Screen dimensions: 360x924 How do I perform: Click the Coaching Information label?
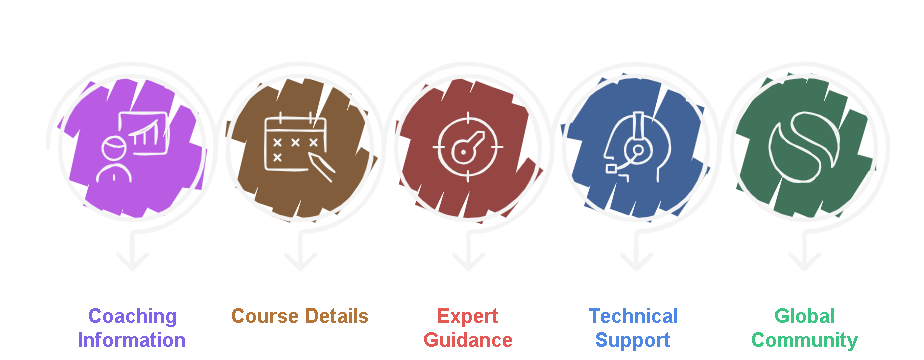(x=132, y=328)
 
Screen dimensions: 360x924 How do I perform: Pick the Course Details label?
(x=300, y=317)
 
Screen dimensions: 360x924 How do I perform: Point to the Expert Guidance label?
(x=468, y=328)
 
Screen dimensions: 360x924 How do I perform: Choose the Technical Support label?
(x=633, y=328)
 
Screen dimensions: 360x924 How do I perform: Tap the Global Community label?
(x=804, y=328)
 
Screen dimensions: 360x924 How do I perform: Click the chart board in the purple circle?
(x=141, y=132)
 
